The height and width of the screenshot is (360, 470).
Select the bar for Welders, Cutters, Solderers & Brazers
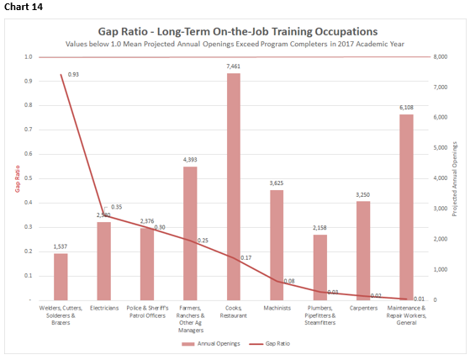click(x=61, y=277)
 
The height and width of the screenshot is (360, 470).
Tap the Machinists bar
click(x=277, y=245)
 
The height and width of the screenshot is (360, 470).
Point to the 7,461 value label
click(x=234, y=66)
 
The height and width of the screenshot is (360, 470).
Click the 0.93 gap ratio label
click(x=73, y=75)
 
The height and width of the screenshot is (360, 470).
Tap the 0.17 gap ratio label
click(x=246, y=257)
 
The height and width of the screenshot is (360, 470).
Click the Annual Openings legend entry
click(x=210, y=343)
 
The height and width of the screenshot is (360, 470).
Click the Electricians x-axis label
click(x=103, y=309)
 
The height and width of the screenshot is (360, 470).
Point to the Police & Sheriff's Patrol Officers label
click(x=147, y=312)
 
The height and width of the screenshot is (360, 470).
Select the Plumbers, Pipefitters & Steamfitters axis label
click(x=319, y=315)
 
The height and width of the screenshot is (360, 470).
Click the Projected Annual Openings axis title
click(x=455, y=178)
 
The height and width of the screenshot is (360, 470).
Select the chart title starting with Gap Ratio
click(x=234, y=31)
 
